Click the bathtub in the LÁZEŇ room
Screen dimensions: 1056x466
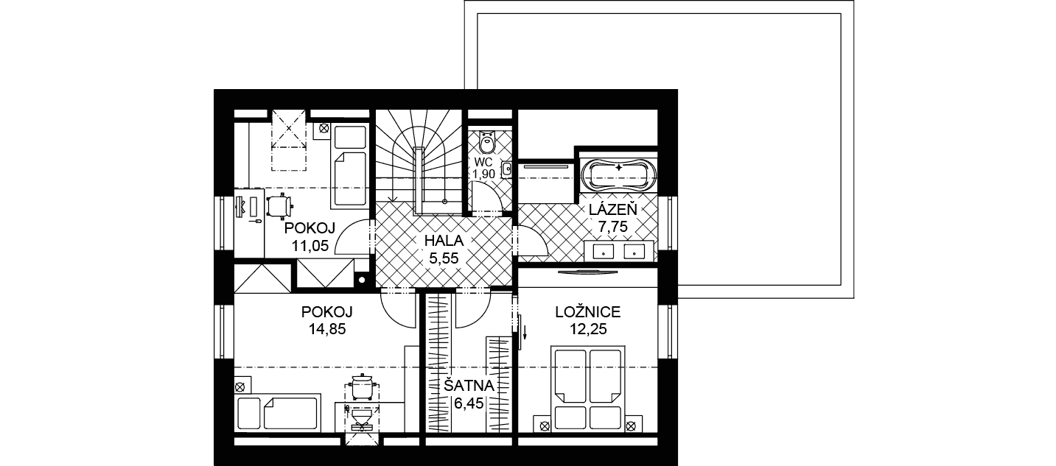618,175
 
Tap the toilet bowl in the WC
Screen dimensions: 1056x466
487,141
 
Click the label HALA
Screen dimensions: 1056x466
444,240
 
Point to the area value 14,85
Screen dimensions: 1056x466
327,329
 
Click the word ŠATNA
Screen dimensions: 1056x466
469,386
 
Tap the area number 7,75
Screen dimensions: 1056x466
613,227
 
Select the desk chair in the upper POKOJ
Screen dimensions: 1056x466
279,205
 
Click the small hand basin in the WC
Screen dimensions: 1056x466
506,169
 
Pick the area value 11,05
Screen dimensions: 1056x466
310,245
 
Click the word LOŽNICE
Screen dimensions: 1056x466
587,311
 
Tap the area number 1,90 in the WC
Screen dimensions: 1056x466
484,174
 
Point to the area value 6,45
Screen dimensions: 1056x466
469,403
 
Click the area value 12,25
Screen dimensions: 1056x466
588,329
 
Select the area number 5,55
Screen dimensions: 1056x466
444,258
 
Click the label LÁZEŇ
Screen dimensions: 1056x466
613,209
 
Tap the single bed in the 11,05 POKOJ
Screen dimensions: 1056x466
349,166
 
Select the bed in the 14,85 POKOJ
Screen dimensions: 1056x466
277,413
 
